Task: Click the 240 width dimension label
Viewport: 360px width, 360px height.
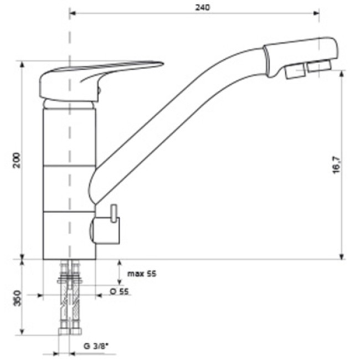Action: click(203, 8)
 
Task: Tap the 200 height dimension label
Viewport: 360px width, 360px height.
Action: click(16, 160)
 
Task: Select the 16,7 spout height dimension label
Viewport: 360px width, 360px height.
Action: click(337, 165)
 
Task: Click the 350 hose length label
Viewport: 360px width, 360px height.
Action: click(18, 298)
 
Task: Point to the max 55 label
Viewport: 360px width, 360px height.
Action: click(142, 274)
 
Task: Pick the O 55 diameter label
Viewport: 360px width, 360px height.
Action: click(119, 291)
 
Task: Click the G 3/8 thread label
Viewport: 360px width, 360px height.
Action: click(96, 346)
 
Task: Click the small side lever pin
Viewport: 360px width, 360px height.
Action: click(114, 213)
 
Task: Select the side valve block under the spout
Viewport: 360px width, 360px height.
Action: click(105, 230)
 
